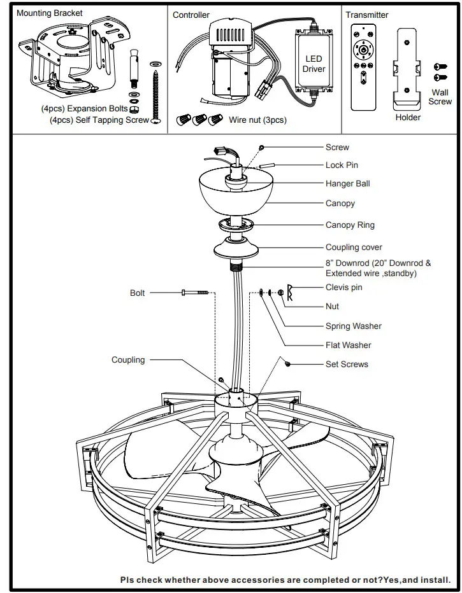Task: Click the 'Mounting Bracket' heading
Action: (x=49, y=13)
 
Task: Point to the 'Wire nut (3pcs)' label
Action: (x=257, y=120)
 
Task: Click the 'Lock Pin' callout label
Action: (x=342, y=165)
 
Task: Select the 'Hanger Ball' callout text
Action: (x=347, y=183)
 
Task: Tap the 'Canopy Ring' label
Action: (x=350, y=225)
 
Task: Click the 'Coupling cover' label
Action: (x=354, y=247)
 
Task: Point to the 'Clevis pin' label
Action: (x=343, y=287)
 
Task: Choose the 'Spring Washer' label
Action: (x=353, y=326)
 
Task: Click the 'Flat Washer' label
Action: (x=348, y=345)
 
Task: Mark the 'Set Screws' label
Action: (x=347, y=364)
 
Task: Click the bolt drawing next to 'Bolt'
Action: (x=195, y=293)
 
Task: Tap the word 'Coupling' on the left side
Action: (x=128, y=359)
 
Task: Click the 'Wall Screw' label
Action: (x=440, y=97)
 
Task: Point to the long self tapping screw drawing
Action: (x=155, y=95)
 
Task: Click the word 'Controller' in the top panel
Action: (x=191, y=15)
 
